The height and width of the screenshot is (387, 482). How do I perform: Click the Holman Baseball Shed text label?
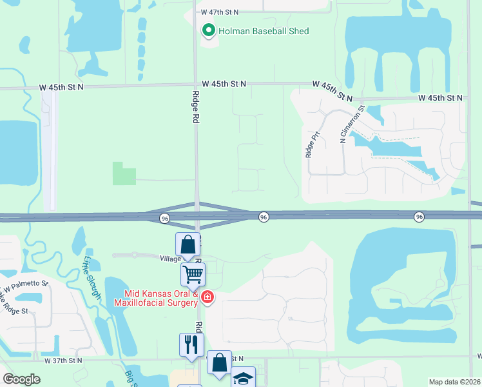264,31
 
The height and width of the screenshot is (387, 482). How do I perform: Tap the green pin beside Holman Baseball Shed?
208,30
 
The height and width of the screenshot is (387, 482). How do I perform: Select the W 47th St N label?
219,12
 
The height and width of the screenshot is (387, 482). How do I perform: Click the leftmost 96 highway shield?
165,219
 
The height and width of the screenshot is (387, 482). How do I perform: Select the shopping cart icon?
193,275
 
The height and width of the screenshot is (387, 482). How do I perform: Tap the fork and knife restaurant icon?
191,344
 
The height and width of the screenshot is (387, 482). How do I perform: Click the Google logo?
22,379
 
